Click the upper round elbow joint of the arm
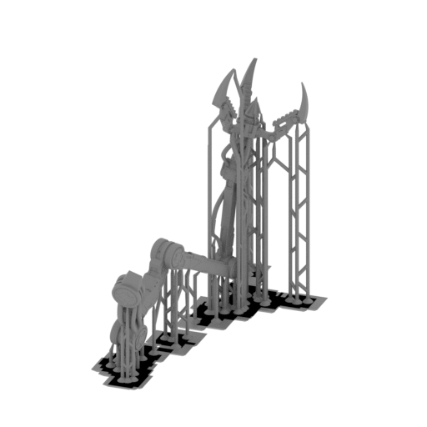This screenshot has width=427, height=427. (164, 252)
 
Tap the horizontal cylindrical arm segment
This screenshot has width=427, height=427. (204, 265)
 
